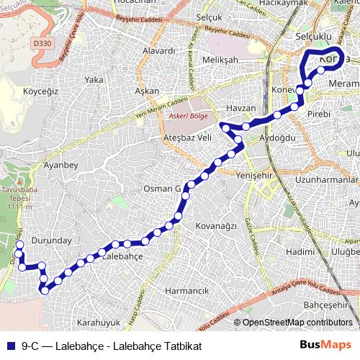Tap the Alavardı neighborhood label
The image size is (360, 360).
click(x=159, y=51)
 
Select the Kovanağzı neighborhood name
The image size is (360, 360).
click(x=216, y=225)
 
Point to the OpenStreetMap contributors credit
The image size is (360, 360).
click(x=297, y=323)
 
